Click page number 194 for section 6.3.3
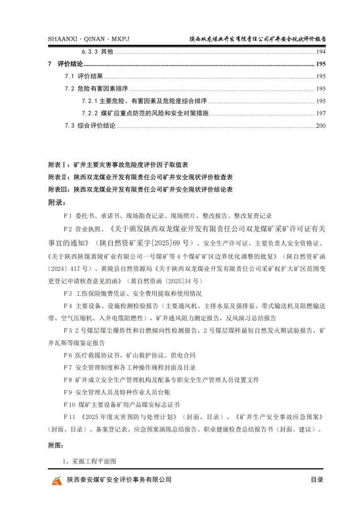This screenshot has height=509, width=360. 321,51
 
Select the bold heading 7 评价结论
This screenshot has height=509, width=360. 66,64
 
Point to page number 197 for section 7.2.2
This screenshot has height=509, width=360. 321,113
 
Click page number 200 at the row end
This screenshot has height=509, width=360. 321,126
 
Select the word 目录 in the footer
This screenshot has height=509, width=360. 316,480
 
